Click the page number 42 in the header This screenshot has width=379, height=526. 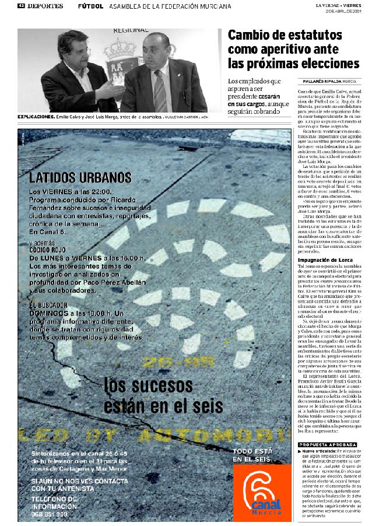pos(21,6)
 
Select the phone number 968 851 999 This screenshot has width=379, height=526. pos(49,514)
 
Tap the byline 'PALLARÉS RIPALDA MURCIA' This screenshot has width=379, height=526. pos(331,80)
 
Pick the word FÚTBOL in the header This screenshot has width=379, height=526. pos(90,6)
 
